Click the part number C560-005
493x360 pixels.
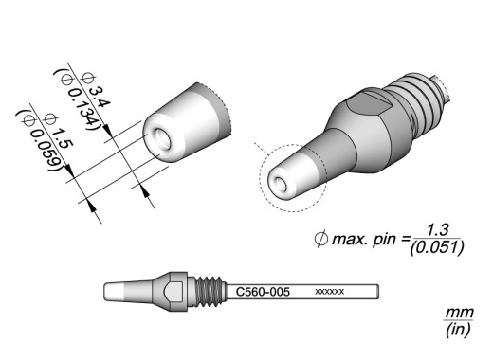pyautogui.click(x=263, y=292)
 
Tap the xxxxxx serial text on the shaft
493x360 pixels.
pyautogui.click(x=329, y=292)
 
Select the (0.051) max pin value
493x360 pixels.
pyautogui.click(x=437, y=247)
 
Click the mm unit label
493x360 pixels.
pyautogui.click(x=459, y=314)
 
